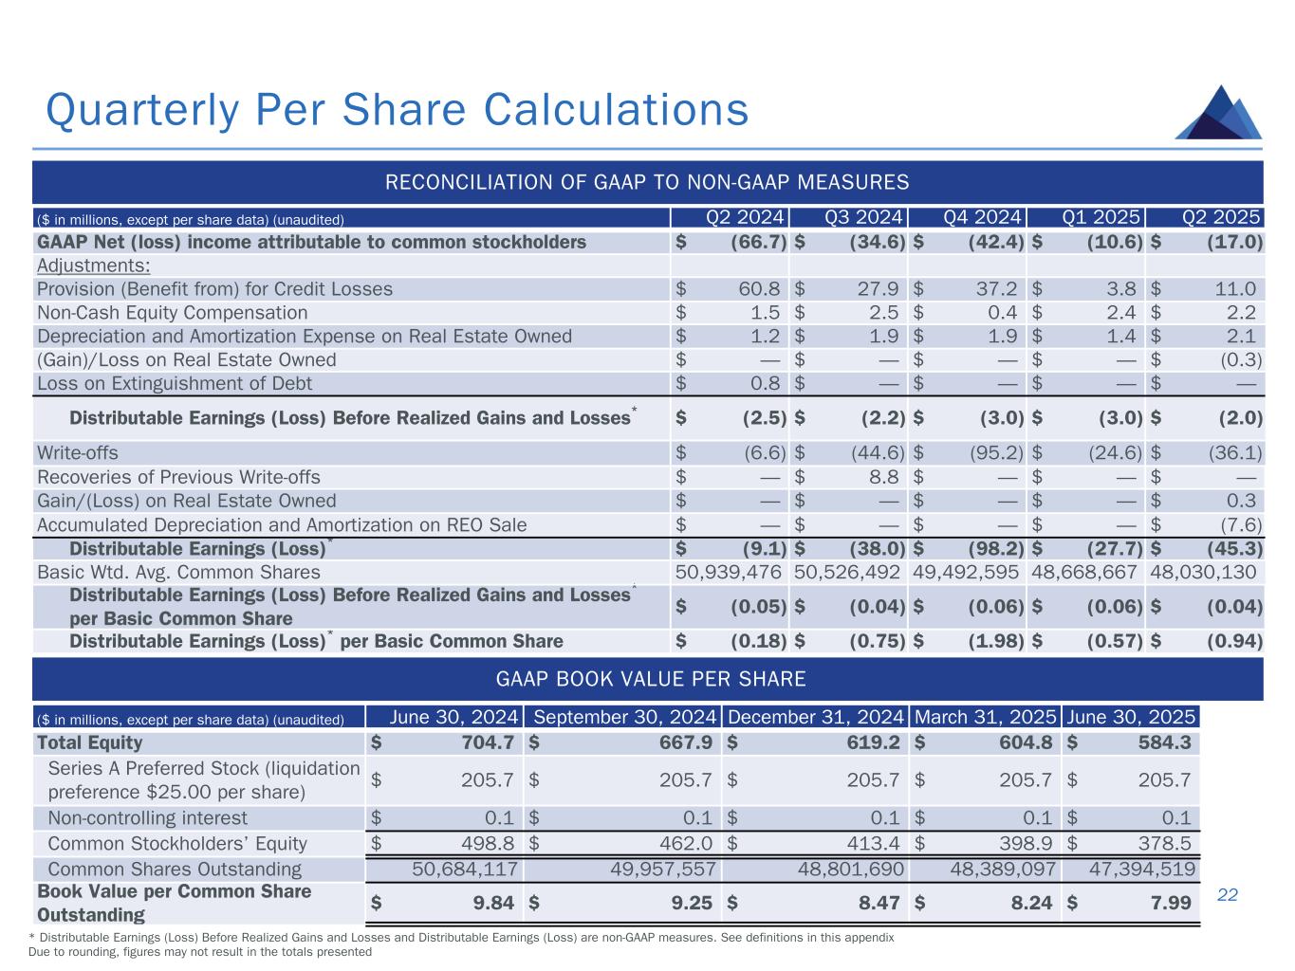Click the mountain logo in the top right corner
(1218, 114)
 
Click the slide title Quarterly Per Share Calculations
(398, 109)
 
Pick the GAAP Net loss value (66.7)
(758, 242)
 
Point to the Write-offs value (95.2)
(995, 453)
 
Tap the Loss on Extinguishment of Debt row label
(175, 383)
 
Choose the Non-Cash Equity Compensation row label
(172, 313)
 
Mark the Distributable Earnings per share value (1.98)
(995, 641)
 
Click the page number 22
(1228, 894)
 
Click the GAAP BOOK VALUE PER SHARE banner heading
(651, 679)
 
